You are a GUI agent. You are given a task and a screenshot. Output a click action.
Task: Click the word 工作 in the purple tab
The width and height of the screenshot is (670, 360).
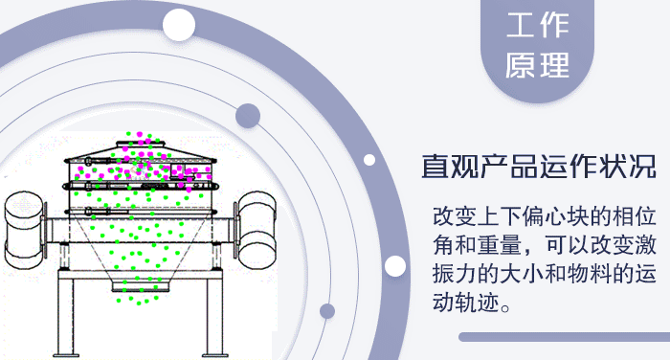point(537,27)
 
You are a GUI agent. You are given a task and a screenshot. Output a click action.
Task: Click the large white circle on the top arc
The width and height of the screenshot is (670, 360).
point(179,25)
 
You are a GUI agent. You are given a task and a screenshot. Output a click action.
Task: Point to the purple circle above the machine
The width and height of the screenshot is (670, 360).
point(249,116)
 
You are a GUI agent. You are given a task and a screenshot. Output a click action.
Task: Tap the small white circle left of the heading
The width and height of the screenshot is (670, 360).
point(369,160)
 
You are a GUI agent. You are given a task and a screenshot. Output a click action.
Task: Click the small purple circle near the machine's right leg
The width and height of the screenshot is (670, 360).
point(327,310)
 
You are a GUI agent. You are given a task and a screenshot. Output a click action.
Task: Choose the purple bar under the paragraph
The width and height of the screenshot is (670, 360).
point(564,337)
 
